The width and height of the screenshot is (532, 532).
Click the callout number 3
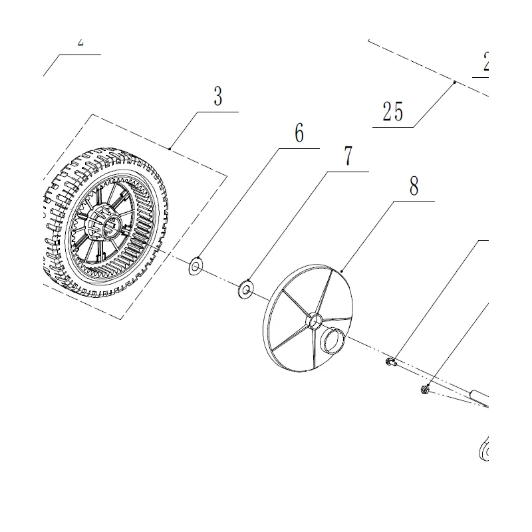pyautogui.click(x=217, y=97)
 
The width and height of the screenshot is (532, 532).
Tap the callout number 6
pyautogui.click(x=299, y=133)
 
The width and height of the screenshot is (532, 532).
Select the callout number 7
pyautogui.click(x=348, y=157)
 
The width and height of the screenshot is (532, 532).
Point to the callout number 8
pyautogui.click(x=414, y=187)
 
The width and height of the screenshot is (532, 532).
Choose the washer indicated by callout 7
pyautogui.click(x=247, y=290)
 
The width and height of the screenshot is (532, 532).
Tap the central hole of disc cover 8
pyautogui.click(x=313, y=321)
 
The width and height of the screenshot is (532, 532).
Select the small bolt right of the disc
pyautogui.click(x=390, y=362)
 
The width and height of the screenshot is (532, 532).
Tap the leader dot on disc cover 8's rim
pyautogui.click(x=340, y=271)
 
